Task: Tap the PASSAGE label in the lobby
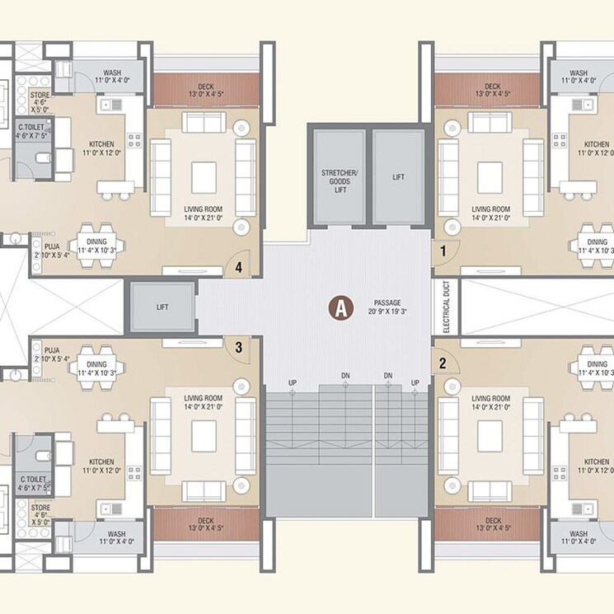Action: coord(387,303)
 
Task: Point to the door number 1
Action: coord(443,250)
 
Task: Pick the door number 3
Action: coord(238,348)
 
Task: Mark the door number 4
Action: coord(238,266)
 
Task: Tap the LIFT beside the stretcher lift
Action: coord(398,177)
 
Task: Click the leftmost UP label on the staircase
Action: coord(293,382)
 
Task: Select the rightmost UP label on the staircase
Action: coord(415,382)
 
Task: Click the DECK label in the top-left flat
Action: coord(205,87)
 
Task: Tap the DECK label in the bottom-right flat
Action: coord(493,521)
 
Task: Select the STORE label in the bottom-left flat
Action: coord(40,509)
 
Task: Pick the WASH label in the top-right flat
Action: coord(579,73)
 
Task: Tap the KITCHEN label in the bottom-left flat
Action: coord(101,462)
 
